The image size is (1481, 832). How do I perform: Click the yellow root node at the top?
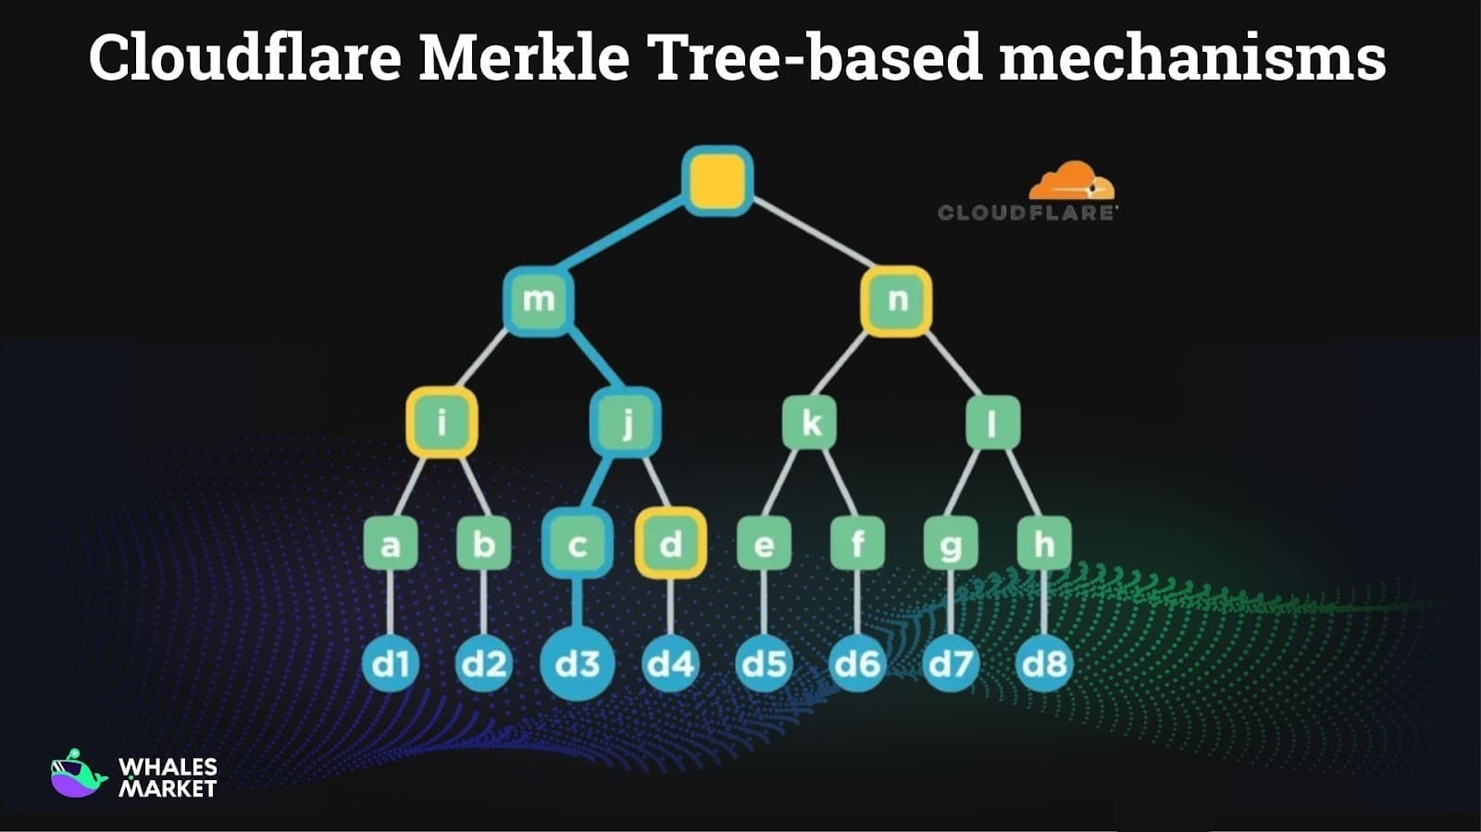tap(717, 180)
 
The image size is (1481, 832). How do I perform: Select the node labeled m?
tap(539, 300)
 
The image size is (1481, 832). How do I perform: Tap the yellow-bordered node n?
tap(896, 300)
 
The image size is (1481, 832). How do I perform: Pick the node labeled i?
tap(442, 423)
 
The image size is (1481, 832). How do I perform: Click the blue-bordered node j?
tap(626, 423)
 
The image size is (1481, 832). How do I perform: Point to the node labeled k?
tap(810, 423)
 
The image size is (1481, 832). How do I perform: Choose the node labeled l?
tap(992, 423)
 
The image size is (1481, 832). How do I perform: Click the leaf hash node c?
tap(578, 543)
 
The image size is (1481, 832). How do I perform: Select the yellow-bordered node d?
tap(671, 543)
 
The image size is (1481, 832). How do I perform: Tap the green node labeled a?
tap(390, 543)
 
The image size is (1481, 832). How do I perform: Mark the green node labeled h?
tap(1044, 543)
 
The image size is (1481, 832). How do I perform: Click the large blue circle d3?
tap(578, 664)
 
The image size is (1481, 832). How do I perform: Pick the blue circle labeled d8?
tap(1044, 664)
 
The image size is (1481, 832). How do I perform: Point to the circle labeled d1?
tap(390, 664)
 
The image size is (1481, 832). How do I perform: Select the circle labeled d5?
tap(765, 664)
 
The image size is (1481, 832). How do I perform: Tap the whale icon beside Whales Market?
tap(78, 775)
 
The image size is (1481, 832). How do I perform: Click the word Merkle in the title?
tap(524, 57)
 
